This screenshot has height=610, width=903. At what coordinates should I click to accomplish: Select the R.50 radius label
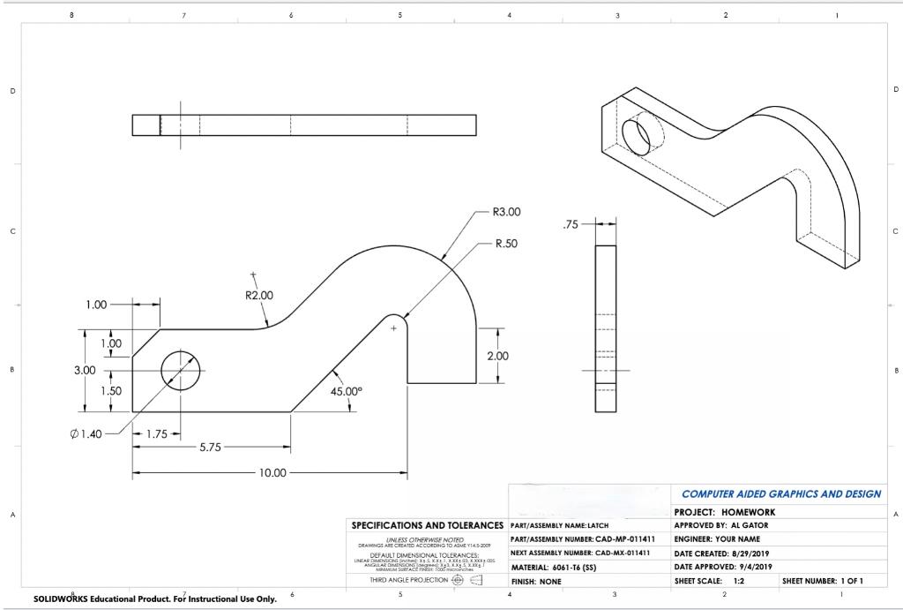[504, 243]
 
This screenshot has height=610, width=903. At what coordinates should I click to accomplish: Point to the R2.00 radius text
[259, 295]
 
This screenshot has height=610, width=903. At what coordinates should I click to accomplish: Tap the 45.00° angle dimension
[347, 391]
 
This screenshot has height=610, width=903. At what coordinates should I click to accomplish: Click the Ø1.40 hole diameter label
[86, 433]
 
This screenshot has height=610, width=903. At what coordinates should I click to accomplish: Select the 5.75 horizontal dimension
[210, 448]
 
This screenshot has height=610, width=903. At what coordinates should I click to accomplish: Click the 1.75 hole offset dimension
[156, 433]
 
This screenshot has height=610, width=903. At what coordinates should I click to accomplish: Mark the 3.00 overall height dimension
[85, 370]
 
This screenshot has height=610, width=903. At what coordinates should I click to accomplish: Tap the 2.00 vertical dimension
[498, 356]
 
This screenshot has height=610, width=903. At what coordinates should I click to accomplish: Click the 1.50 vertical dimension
[110, 390]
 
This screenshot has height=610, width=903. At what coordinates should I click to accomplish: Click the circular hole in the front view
[180, 370]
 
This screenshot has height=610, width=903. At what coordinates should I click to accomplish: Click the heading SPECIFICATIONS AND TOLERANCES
[427, 525]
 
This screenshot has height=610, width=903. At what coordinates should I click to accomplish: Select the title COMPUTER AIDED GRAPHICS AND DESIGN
[780, 494]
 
